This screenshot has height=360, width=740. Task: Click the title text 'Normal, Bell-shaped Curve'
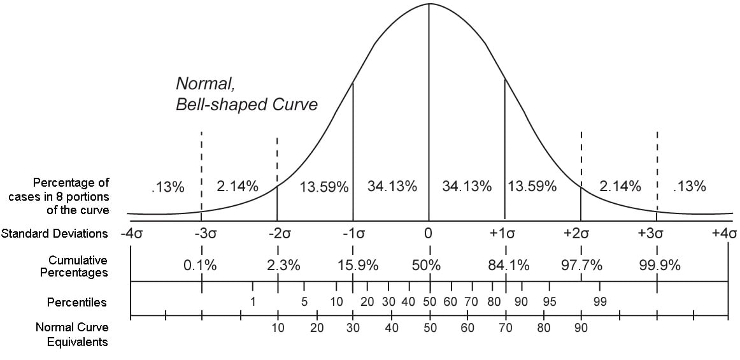(x=246, y=94)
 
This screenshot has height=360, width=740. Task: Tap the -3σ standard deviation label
(x=201, y=233)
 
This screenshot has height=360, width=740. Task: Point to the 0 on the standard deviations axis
(x=429, y=233)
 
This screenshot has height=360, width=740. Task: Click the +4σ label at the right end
(x=724, y=233)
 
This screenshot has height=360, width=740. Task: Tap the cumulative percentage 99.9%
(x=660, y=266)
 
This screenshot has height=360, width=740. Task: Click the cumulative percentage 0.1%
(x=200, y=266)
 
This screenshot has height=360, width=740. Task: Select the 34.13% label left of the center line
(x=392, y=187)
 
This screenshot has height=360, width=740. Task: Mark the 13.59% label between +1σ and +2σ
(x=532, y=187)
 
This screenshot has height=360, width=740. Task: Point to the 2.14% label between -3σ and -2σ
(x=238, y=187)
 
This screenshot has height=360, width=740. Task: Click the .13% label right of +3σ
(x=690, y=187)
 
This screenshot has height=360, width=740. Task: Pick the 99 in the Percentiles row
(x=599, y=302)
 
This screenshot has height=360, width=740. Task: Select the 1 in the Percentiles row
(x=253, y=302)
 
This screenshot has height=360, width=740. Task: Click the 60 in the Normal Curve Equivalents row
(x=467, y=328)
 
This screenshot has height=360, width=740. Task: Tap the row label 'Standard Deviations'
(x=55, y=233)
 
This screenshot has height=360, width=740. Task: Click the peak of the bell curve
(x=429, y=4)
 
